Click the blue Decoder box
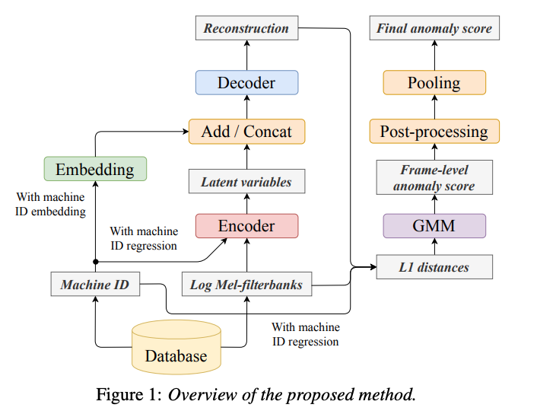[246, 82]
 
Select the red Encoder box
[246, 226]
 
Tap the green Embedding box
[95, 169]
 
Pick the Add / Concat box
[246, 131]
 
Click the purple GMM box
[434, 226]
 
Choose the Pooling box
[434, 82]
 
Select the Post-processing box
[434, 131]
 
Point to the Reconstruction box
[246, 29]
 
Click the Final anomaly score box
[434, 29]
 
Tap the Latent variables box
[246, 182]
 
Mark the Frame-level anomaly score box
[434, 177]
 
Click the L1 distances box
[434, 267]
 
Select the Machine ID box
[95, 285]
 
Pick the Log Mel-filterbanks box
[246, 285]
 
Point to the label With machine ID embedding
[51, 205]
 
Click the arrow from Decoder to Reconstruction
[246, 55]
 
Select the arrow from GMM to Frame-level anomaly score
[434, 203]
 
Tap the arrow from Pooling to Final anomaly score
[434, 55]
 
